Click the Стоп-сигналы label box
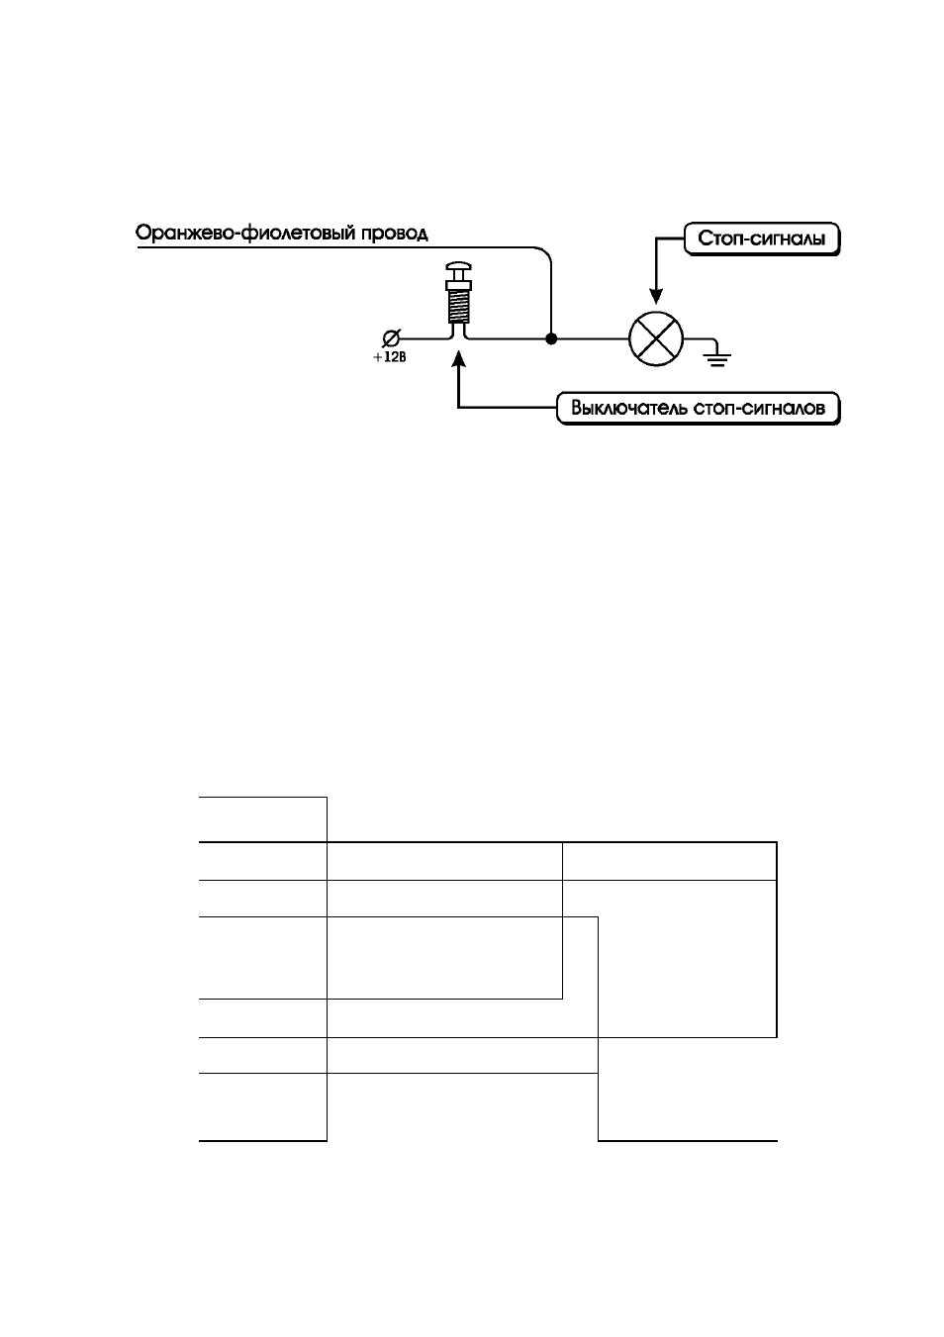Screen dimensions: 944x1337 tap(761, 239)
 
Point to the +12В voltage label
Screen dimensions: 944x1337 tap(390, 357)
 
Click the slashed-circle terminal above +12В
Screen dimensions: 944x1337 tap(391, 338)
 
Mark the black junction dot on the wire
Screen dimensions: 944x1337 tap(551, 339)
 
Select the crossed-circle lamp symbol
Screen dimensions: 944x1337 tap(656, 339)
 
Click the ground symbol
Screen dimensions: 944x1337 tap(717, 357)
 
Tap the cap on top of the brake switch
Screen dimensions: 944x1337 tap(459, 267)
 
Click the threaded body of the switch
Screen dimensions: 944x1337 tap(459, 306)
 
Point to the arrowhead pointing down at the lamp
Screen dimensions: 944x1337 tap(656, 296)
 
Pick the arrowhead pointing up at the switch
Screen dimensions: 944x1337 tap(458, 359)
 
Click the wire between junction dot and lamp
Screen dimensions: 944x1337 tap(593, 339)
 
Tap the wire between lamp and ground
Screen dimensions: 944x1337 tap(700, 339)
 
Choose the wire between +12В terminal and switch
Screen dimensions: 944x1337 tap(425, 339)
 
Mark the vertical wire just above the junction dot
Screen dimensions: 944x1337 tap(551, 299)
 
